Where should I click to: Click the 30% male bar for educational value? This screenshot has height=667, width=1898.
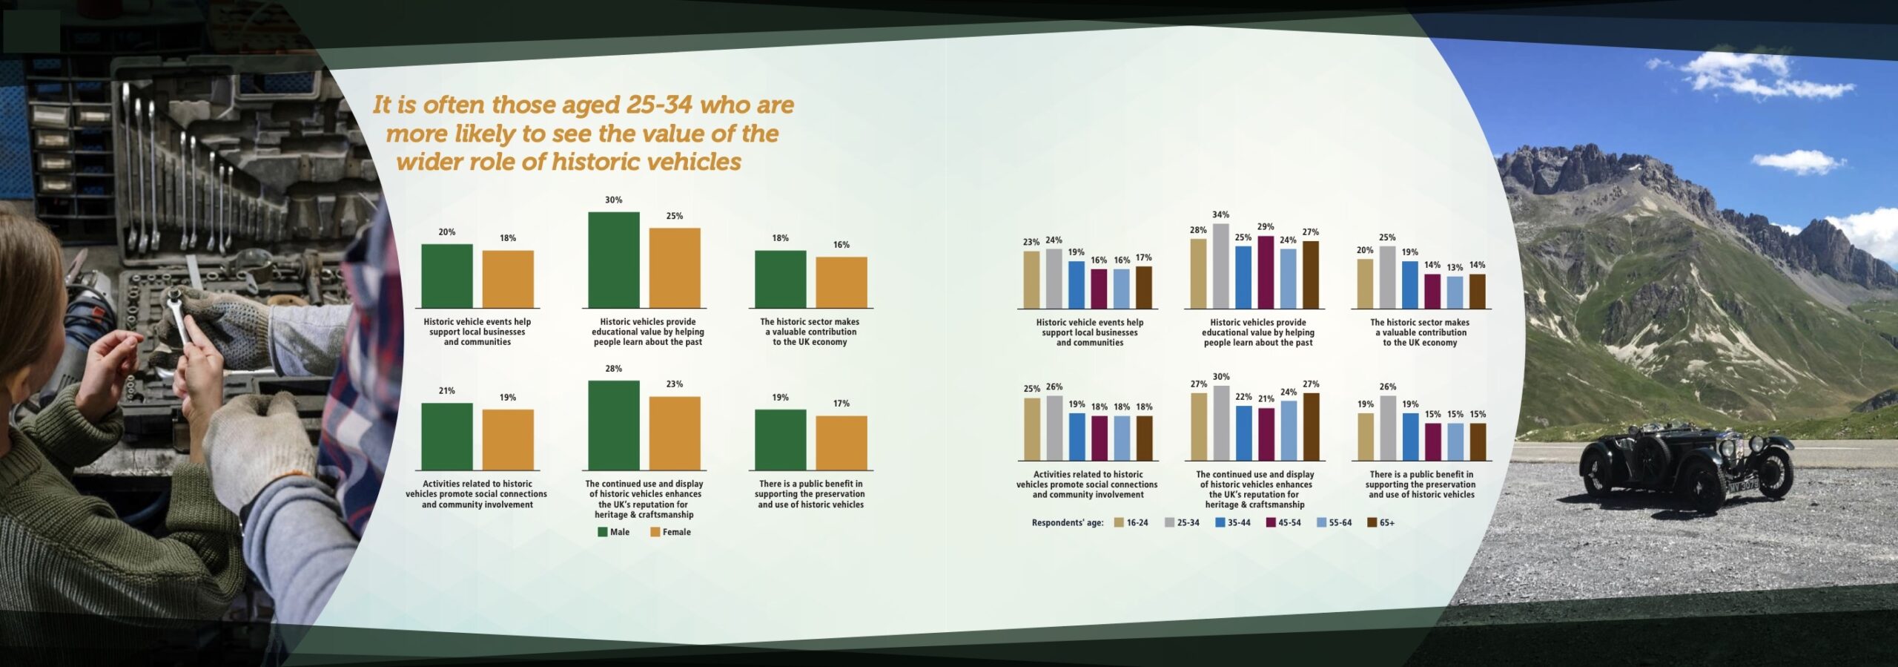pyautogui.click(x=613, y=260)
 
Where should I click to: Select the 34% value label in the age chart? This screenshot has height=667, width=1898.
pyautogui.click(x=1220, y=215)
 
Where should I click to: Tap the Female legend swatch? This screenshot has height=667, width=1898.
pyautogui.click(x=655, y=532)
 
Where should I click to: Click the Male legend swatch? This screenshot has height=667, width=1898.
pyautogui.click(x=603, y=532)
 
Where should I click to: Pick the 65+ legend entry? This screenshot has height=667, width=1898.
pyautogui.click(x=1380, y=523)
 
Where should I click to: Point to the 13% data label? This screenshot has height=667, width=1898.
pyautogui.click(x=1455, y=268)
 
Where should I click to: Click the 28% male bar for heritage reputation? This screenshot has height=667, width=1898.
pyautogui.click(x=613, y=425)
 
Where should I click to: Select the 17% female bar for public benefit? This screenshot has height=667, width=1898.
pyautogui.click(x=841, y=443)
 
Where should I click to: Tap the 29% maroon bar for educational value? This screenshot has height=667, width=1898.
pyautogui.click(x=1265, y=272)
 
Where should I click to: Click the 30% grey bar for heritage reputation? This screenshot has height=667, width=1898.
pyautogui.click(x=1220, y=422)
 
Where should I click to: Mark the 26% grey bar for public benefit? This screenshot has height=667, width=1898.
pyautogui.click(x=1388, y=427)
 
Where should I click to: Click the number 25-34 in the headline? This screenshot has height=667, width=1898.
pyautogui.click(x=658, y=105)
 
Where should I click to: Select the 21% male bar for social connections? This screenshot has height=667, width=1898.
pyautogui.click(x=446, y=436)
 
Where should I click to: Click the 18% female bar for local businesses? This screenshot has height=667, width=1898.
pyautogui.click(x=507, y=279)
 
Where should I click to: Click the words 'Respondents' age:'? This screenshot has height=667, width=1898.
pyautogui.click(x=1067, y=523)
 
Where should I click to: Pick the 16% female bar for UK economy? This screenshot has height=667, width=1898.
pyautogui.click(x=841, y=282)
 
